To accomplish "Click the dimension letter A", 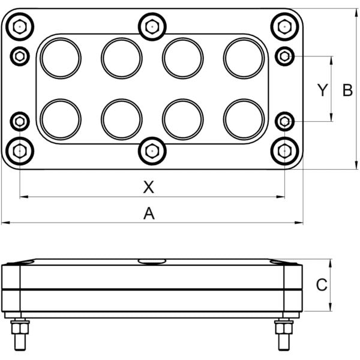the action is click(x=149, y=213).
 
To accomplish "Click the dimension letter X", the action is click(x=149, y=187).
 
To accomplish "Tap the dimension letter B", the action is click(x=347, y=90).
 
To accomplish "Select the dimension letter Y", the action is click(x=322, y=90).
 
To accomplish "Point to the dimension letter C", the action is click(x=322, y=285).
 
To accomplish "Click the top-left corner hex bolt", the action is click(x=20, y=27).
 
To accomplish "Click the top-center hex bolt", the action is click(x=152, y=27).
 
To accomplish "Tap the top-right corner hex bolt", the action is click(x=284, y=27).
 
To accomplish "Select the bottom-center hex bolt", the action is click(x=152, y=151).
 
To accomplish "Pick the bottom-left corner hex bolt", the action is click(x=20, y=151).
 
